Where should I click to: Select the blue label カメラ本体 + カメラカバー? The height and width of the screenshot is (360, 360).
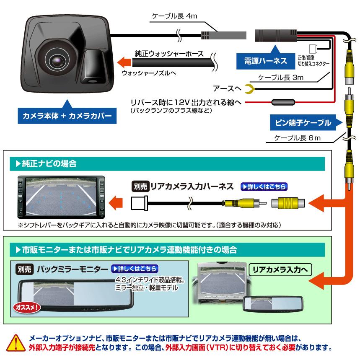[65, 115]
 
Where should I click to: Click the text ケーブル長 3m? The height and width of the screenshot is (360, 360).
[281, 78]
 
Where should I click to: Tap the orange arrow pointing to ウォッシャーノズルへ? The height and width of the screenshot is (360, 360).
[123, 62]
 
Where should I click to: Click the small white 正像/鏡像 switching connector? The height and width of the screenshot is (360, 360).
[313, 49]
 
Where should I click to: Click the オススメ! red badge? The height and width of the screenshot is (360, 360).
[28, 307]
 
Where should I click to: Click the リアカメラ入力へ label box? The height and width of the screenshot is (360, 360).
[280, 269]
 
